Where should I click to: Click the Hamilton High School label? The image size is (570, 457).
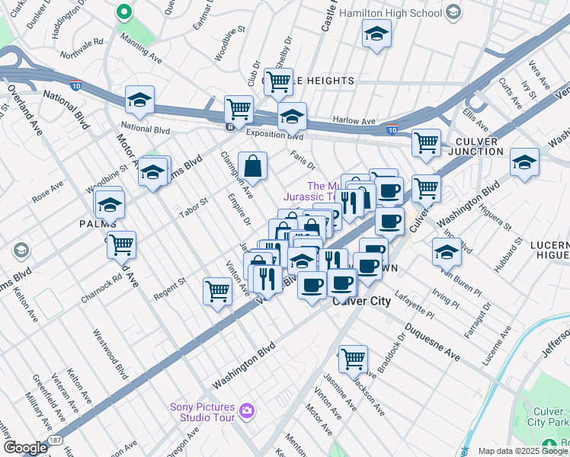pos(391,12)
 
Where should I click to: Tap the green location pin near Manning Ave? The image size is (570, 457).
pos(123,13)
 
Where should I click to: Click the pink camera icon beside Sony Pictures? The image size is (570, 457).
pos(246,411)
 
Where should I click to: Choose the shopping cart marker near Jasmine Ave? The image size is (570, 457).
pos(353,358)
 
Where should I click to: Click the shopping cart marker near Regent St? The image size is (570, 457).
pos(218,290)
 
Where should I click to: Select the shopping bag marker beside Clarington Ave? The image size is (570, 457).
pos(252,165)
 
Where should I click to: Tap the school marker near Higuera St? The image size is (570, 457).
pos(524,161)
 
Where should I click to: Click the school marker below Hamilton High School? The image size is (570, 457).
pos(376,34)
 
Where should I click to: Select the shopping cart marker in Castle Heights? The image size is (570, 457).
pos(279,80)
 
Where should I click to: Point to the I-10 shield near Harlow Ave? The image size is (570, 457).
pos(392,130)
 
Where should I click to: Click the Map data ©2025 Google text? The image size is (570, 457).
pos(522,451)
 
